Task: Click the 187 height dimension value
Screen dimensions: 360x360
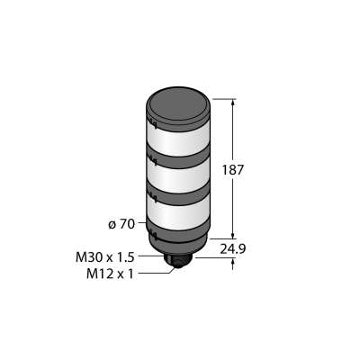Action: [x=233, y=170]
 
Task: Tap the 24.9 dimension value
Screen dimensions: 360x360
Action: [x=233, y=249]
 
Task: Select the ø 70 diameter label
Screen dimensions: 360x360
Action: [x=121, y=224]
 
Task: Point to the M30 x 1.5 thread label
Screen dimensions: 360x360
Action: [x=104, y=257]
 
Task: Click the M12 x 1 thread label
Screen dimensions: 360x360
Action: [x=110, y=274]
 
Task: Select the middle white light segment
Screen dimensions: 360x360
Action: [x=179, y=178]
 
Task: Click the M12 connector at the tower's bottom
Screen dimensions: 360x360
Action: [x=179, y=262]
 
